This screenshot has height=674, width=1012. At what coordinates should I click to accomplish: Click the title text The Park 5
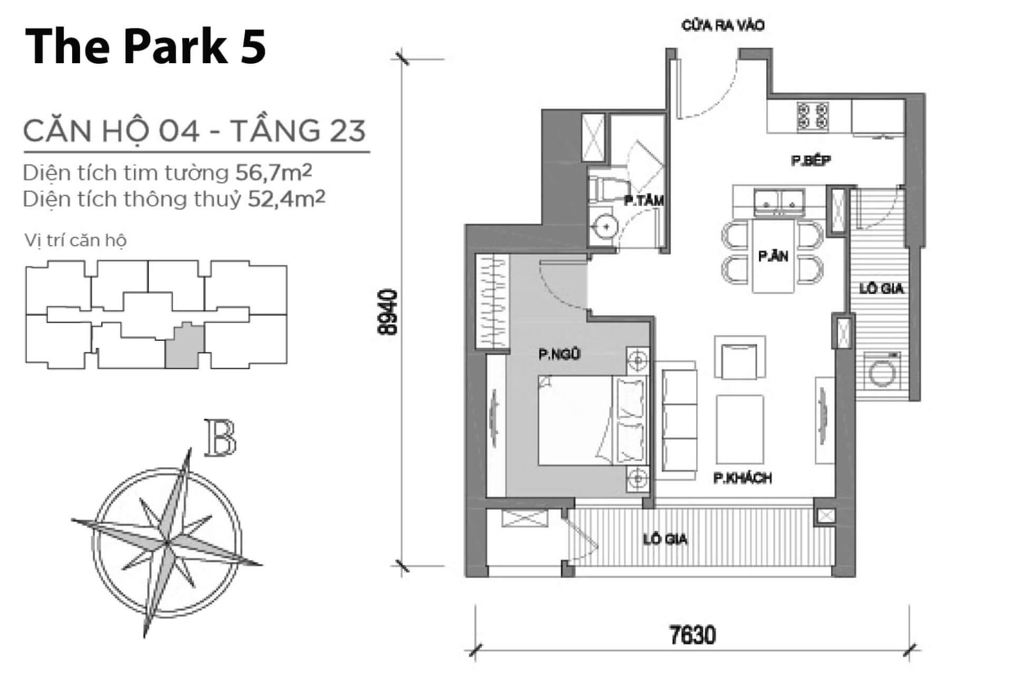[145, 47]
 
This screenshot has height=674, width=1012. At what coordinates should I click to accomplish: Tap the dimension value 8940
[388, 312]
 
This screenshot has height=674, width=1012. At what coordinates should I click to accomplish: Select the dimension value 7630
[693, 635]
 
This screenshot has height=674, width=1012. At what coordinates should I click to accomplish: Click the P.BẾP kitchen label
[811, 160]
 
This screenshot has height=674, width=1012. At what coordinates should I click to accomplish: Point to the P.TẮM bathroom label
[644, 201]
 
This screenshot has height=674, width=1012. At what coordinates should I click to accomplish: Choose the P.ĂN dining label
[773, 256]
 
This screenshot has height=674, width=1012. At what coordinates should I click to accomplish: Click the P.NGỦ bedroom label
[559, 354]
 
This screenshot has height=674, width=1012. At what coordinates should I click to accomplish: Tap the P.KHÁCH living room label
[743, 478]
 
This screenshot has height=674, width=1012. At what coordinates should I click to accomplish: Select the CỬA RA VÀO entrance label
[723, 25]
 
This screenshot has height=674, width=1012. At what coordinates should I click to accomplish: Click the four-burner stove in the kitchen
[813, 116]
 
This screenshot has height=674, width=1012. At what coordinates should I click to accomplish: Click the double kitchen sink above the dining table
[778, 202]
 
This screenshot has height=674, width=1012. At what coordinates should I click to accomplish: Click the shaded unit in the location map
[184, 345]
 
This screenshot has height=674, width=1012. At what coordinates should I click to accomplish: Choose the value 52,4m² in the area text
[286, 199]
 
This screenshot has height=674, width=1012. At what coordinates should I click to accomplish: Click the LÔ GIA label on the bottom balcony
[665, 539]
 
